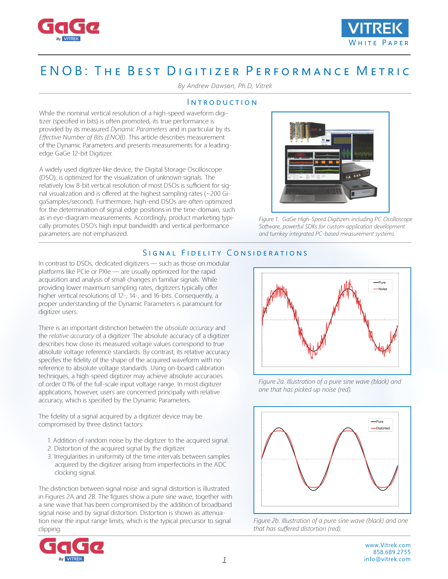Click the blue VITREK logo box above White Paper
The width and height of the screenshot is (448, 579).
pos(375,28)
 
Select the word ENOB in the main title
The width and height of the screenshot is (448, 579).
pos(62,71)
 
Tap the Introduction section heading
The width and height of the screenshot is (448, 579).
pos(222,102)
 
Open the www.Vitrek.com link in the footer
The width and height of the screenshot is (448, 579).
pos(388,545)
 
